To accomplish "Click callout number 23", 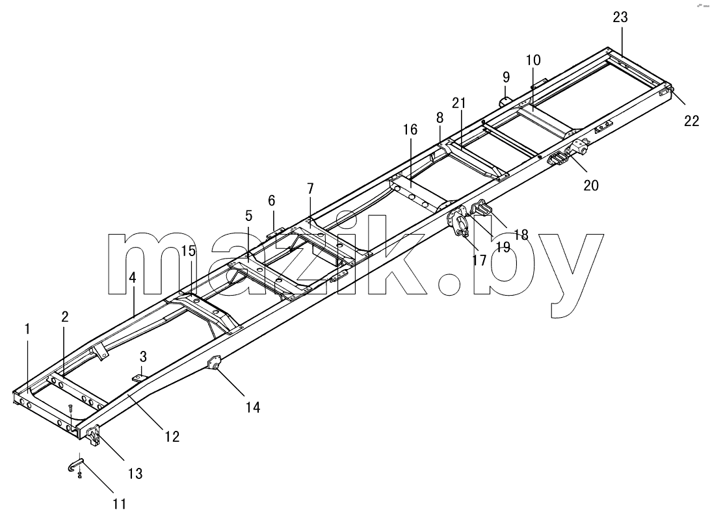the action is [620, 17].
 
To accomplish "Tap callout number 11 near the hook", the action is [120, 503].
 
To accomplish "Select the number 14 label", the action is [253, 407].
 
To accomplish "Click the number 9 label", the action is [506, 77].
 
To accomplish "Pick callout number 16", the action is [410, 130].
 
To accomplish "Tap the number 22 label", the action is [691, 121].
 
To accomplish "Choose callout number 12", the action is [172, 436].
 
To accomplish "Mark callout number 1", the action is [27, 329].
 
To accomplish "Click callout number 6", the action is [271, 200].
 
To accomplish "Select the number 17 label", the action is [479, 260].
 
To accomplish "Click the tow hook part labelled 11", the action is [76, 465].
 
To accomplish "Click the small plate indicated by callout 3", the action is [139, 377].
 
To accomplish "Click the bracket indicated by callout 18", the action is [481, 208].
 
